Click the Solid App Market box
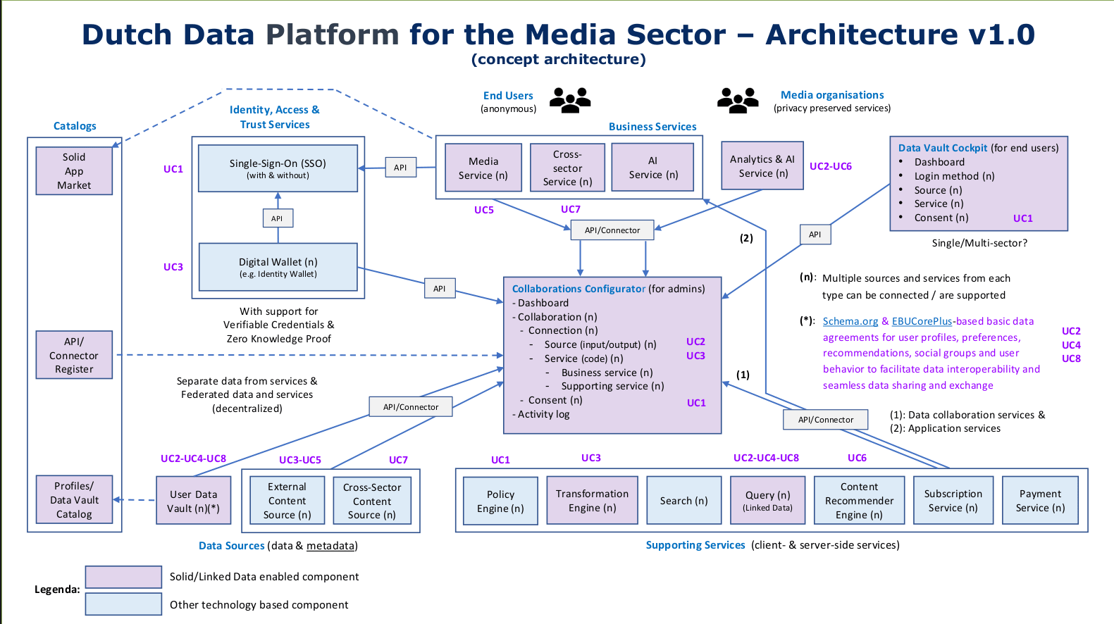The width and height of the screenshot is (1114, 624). pos(74,170)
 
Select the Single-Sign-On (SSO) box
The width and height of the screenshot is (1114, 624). pos(278,168)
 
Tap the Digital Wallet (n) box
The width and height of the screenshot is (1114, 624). pos(278,267)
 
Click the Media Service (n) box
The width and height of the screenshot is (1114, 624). pos(483,168)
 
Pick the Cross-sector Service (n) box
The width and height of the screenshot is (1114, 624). pos(567,168)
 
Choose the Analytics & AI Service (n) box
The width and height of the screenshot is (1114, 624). pos(762,166)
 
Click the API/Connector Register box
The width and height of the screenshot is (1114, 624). pos(74,355)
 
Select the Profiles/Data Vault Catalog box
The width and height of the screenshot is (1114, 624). pos(74,500)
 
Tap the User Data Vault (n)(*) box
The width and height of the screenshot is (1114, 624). pos(194,501)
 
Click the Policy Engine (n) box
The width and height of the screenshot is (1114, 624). pos(500,501)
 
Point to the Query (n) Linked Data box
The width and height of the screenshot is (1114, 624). pos(767,500)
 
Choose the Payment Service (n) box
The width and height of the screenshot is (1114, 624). pos(1040,500)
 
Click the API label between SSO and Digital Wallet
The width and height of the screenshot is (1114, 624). pos(278,218)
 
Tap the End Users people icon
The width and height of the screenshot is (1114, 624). pos(570,100)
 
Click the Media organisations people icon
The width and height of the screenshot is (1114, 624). pos(738,100)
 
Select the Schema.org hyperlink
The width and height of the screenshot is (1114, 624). pos(850,321)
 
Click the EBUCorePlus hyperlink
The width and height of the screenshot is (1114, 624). pos(922,321)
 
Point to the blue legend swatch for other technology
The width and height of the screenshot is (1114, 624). pos(123,604)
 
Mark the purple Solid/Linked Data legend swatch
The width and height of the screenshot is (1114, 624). pos(123,577)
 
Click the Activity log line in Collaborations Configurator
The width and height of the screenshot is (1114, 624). pos(541,414)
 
